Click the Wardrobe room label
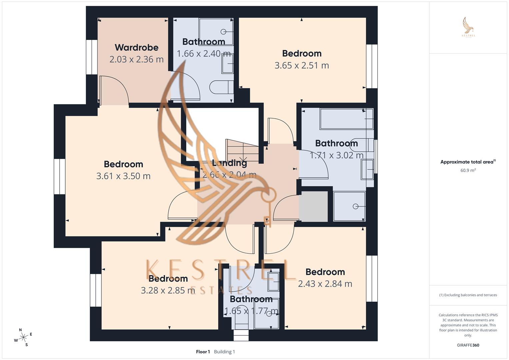tap(136, 48)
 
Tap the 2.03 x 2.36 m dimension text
tap(136, 59)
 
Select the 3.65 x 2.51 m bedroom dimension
tap(302, 65)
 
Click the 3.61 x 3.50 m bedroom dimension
tap(123, 176)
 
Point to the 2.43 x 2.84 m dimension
tap(325, 284)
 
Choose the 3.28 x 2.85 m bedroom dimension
tap(168, 290)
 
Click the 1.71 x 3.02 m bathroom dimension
tap(336, 155)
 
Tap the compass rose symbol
tap(23, 337)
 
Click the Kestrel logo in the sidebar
tap(468, 27)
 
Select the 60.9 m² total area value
tap(468, 170)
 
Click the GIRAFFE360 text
tap(468, 345)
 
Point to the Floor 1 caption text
tap(203, 352)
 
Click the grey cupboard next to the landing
tap(313, 206)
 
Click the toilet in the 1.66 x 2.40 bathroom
tap(221, 87)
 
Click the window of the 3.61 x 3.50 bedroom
tap(60, 176)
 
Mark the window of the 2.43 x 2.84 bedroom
tap(372, 279)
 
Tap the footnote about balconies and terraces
tap(468, 295)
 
